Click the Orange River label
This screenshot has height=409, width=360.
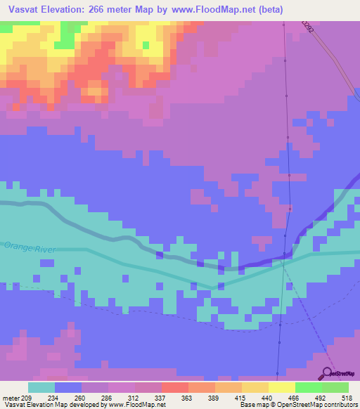pyautogui.click(x=29, y=248)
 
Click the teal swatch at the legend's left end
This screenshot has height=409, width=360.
pyautogui.click(x=41, y=387)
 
